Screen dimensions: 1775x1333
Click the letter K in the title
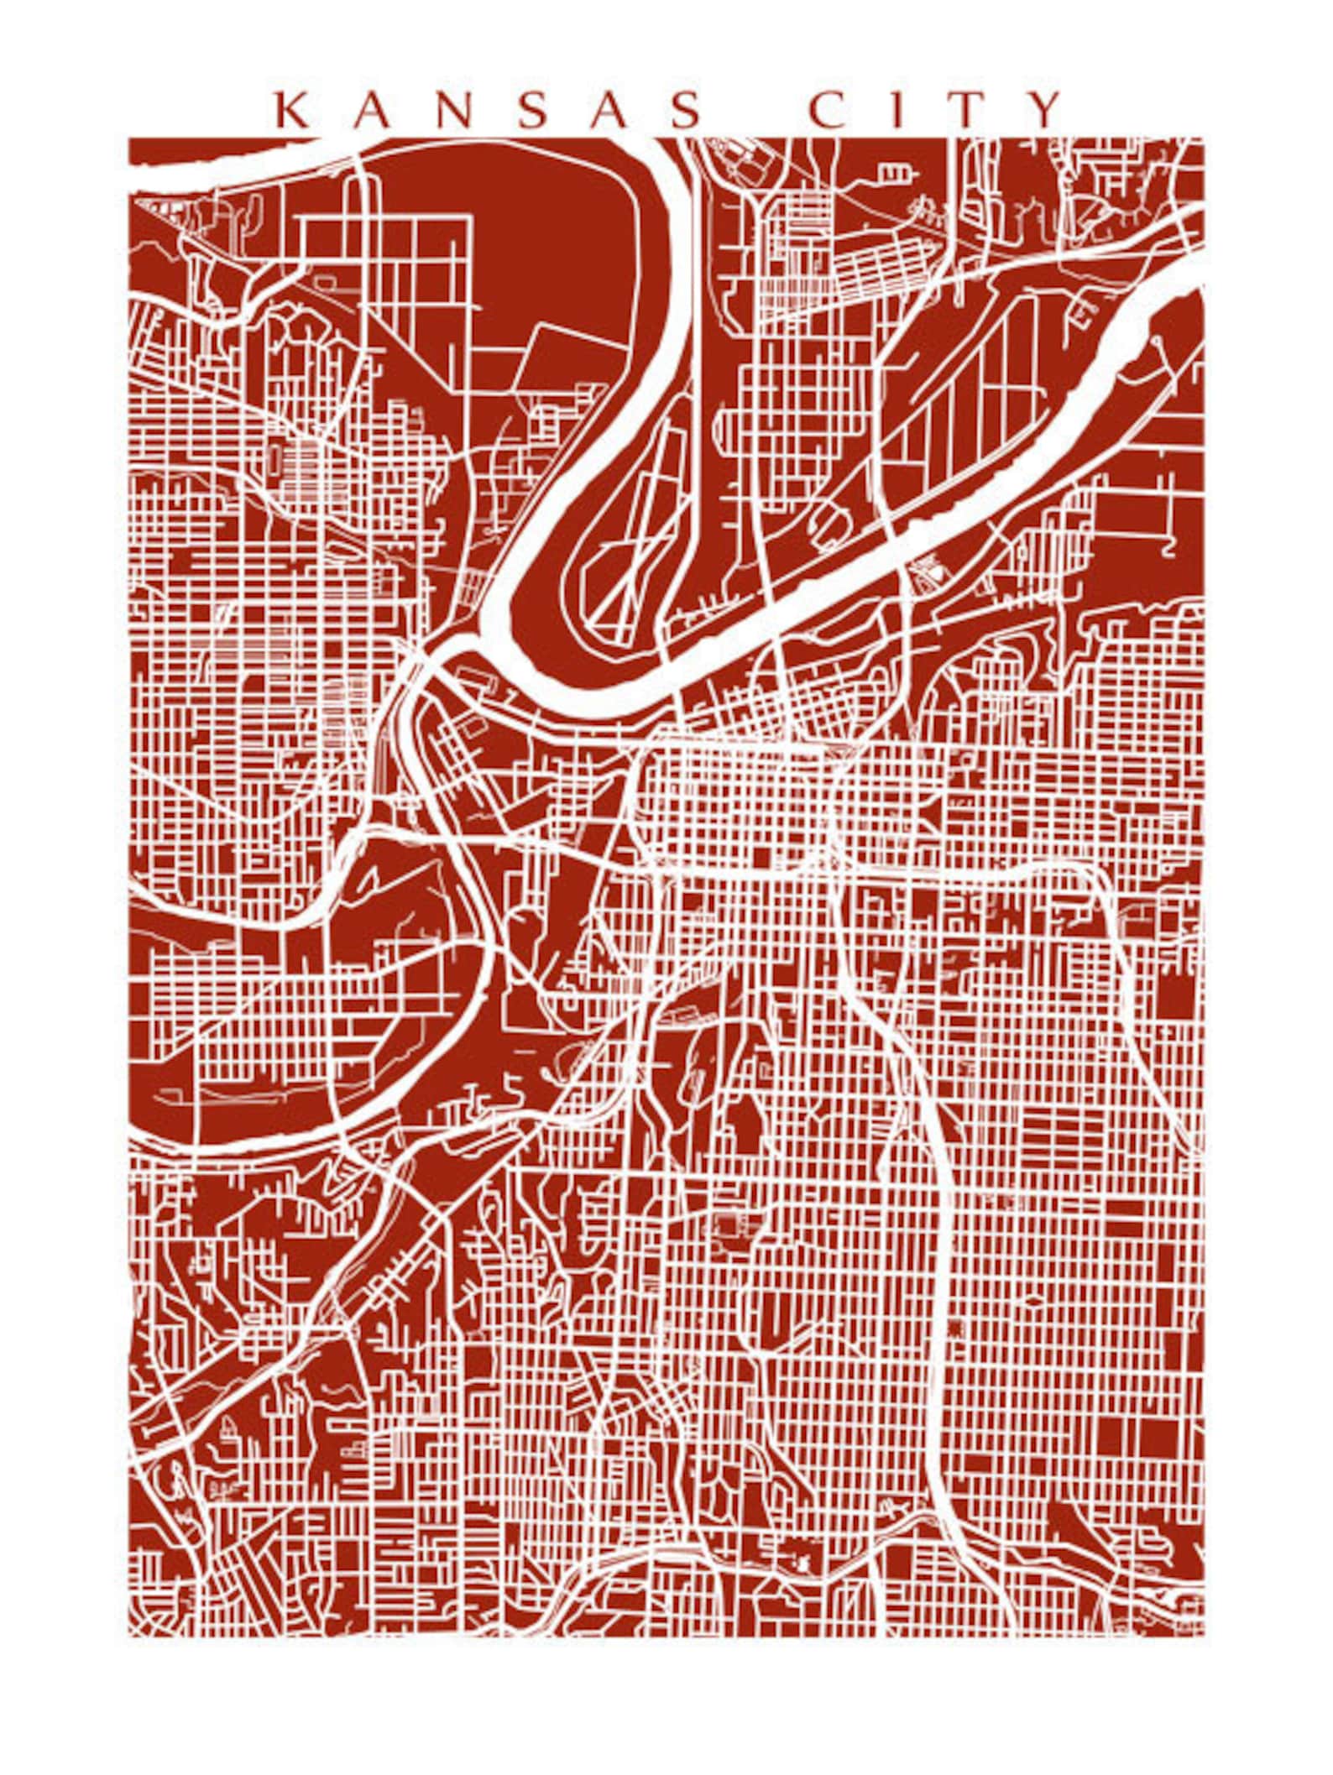[293, 110]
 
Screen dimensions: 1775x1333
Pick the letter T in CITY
[970, 110]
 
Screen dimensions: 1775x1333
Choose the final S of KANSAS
[682, 110]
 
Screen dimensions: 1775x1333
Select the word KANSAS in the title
[487, 110]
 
